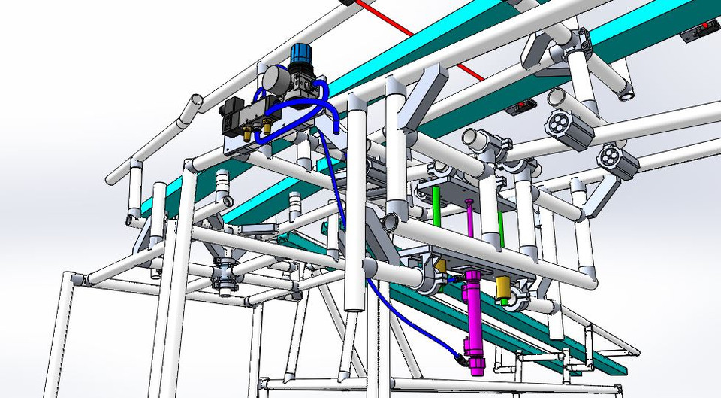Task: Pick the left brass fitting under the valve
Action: (247, 133)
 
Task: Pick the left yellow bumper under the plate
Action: (441, 266)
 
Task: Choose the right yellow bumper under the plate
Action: (502, 286)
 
